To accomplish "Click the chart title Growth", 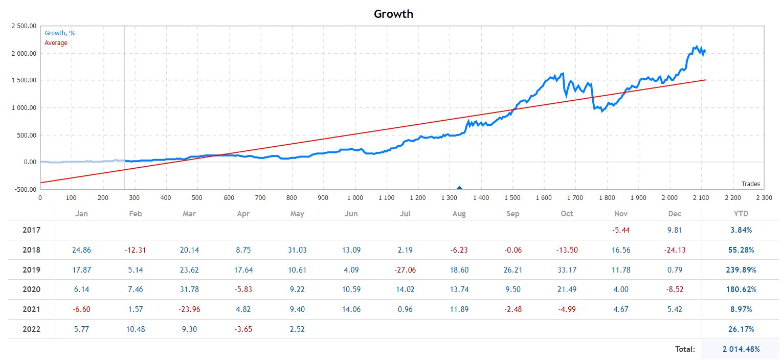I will point(393,14).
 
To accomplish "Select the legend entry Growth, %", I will point(60,33).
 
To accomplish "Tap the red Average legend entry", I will point(56,43).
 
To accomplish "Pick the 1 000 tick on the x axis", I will point(354,197).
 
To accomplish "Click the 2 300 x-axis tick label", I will point(764,197).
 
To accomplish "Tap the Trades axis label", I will point(750,184).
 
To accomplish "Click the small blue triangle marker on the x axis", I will point(459,189).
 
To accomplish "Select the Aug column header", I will point(459,214).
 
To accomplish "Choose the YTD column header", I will point(741,214).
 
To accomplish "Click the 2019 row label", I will point(31,270).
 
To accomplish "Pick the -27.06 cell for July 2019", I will point(405,270).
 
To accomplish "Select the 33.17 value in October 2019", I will point(567,270).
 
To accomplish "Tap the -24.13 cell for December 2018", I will point(675,250).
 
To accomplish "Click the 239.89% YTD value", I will point(741,270).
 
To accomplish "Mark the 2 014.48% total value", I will point(741,349).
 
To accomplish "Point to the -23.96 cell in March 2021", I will point(189,309).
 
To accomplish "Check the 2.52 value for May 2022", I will point(297,329).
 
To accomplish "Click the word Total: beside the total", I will point(685,349).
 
